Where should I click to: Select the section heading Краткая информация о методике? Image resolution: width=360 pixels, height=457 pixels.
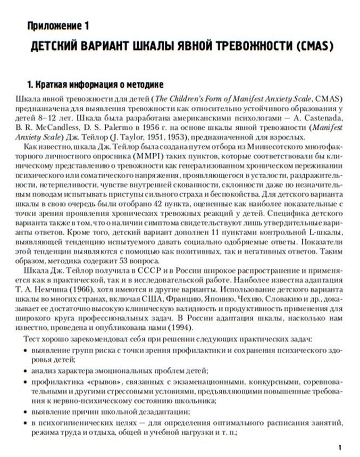pos(95,85)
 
